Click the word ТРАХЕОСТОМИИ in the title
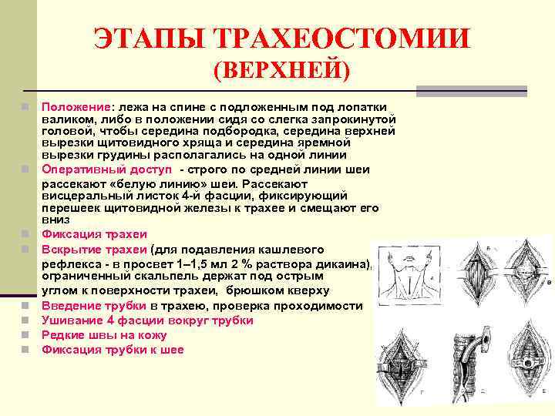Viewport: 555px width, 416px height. point(340,39)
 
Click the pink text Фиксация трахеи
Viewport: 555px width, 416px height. point(94,233)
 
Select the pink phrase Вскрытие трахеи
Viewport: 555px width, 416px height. point(94,249)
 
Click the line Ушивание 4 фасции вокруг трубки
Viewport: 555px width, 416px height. point(147,320)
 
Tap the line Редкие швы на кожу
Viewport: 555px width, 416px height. point(104,335)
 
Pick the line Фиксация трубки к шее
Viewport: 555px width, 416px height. point(113,350)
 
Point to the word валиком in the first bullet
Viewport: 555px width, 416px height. point(65,119)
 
